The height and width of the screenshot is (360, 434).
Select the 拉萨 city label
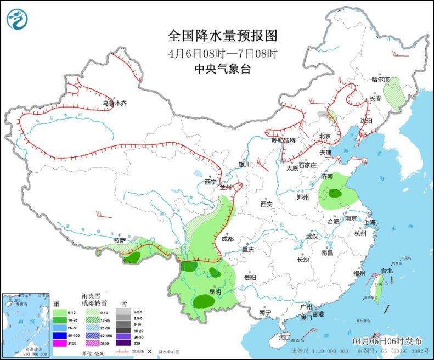point(120,240)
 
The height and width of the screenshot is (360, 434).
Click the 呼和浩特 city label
point(284,140)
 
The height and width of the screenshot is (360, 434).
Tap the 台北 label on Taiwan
point(387,271)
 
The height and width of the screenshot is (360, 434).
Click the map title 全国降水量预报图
point(222,36)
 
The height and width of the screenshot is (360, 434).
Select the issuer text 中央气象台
point(222,69)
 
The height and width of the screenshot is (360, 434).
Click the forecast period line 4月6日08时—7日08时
point(222,54)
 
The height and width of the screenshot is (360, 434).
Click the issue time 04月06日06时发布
point(384,341)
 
